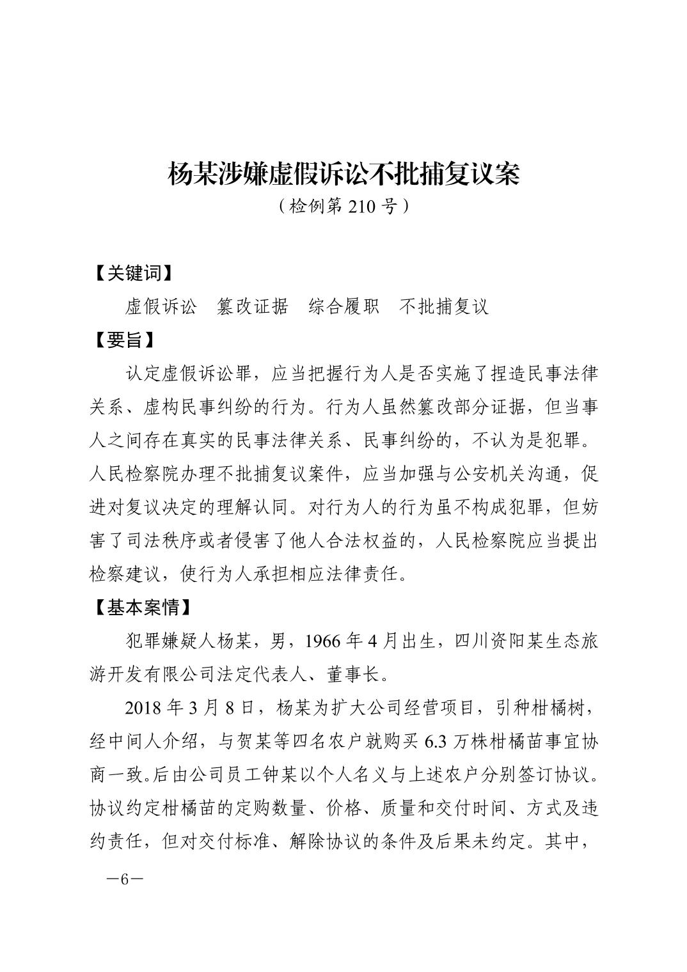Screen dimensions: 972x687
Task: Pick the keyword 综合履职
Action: point(343,306)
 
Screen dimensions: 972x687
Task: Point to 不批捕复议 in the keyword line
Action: point(444,306)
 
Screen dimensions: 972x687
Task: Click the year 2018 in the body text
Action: point(145,708)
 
